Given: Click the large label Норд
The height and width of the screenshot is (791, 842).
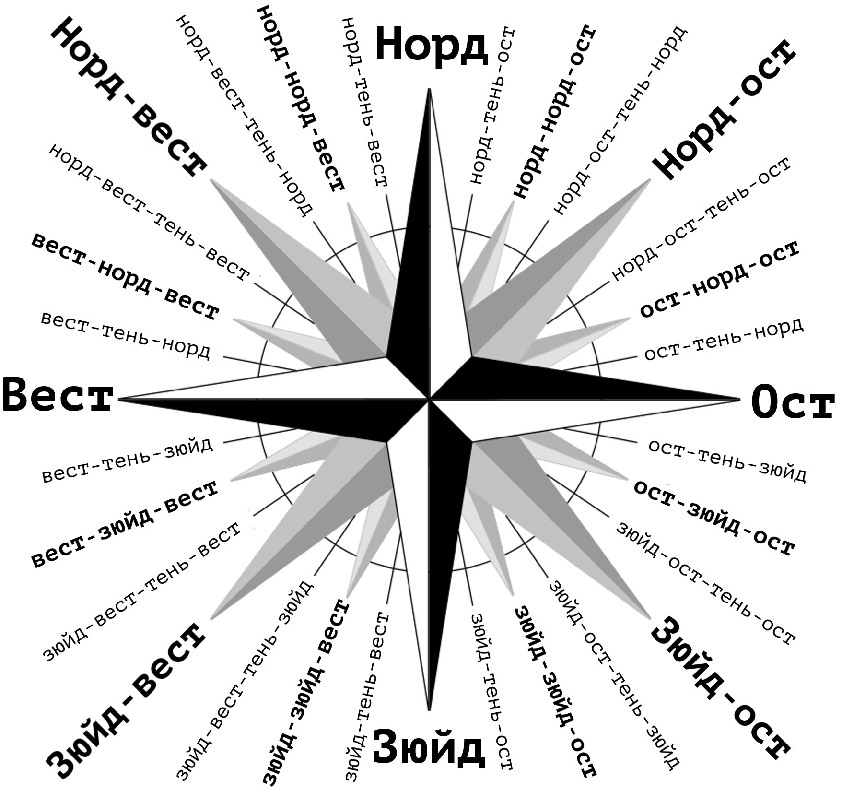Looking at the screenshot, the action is tap(431, 45).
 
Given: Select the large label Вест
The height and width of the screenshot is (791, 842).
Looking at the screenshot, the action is tap(58, 395).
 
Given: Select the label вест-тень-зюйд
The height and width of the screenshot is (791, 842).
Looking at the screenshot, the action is tap(128, 460).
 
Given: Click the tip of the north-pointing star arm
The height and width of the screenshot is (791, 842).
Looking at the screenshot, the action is tap(429, 89).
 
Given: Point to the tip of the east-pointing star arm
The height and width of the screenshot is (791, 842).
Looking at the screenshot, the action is tap(741, 399).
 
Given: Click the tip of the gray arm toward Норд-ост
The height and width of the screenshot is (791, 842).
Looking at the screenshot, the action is tap(651, 179).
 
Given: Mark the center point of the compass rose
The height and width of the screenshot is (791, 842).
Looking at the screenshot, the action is tap(429, 399).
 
